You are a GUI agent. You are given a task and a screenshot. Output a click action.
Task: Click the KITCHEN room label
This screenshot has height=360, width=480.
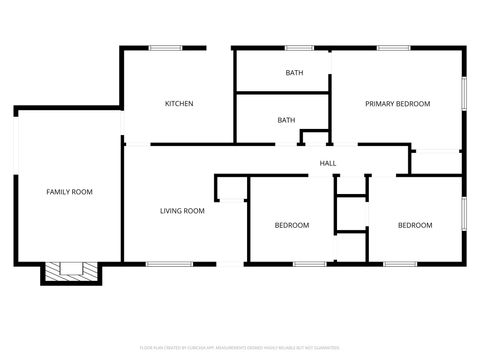(179, 104)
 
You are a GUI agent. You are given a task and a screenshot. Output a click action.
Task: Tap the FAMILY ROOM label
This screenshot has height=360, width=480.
(70, 191)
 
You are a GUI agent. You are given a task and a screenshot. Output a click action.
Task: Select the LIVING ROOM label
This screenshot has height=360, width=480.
(183, 211)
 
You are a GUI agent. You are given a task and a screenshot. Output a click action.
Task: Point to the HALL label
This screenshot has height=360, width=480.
(327, 164)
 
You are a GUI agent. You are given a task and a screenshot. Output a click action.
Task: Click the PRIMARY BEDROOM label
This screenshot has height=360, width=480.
(397, 104)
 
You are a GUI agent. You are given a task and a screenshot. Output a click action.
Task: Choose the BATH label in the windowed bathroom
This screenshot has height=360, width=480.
(294, 72)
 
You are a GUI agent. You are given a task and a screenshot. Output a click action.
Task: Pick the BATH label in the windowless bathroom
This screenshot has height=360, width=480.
(286, 121)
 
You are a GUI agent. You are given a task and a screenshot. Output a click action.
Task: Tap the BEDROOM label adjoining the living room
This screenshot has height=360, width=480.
(292, 225)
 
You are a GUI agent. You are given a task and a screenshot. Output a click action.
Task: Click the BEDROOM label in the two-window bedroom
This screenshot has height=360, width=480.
(415, 225)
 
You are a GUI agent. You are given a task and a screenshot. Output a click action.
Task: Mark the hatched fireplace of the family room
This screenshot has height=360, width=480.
(70, 270)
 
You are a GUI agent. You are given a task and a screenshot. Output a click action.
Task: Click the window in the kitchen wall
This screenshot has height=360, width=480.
(164, 47)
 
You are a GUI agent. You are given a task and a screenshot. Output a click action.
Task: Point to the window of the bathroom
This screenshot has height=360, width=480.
(299, 47)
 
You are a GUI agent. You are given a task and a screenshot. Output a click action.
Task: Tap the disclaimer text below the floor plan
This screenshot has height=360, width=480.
(239, 347)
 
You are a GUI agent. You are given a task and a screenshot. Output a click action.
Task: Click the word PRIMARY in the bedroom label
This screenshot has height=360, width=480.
(379, 104)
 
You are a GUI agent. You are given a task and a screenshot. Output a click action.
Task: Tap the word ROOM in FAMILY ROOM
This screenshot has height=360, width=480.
(83, 191)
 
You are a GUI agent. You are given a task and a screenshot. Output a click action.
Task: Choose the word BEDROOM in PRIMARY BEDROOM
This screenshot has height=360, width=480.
(412, 104)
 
